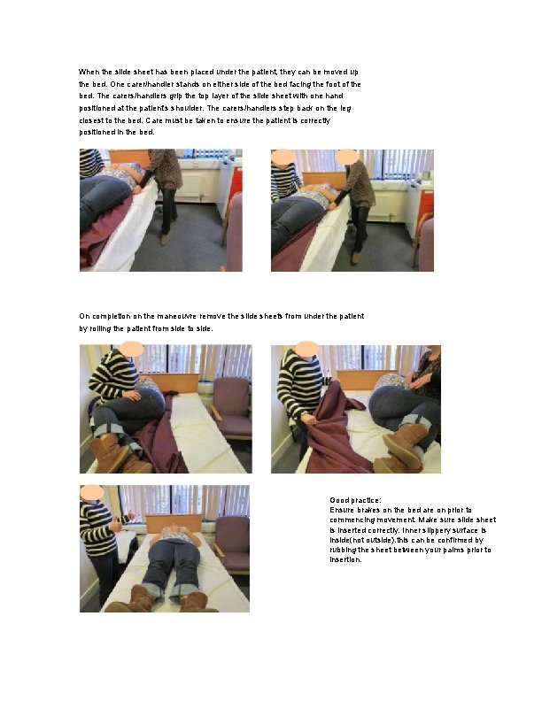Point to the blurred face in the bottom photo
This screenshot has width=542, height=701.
pos(92,491)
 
